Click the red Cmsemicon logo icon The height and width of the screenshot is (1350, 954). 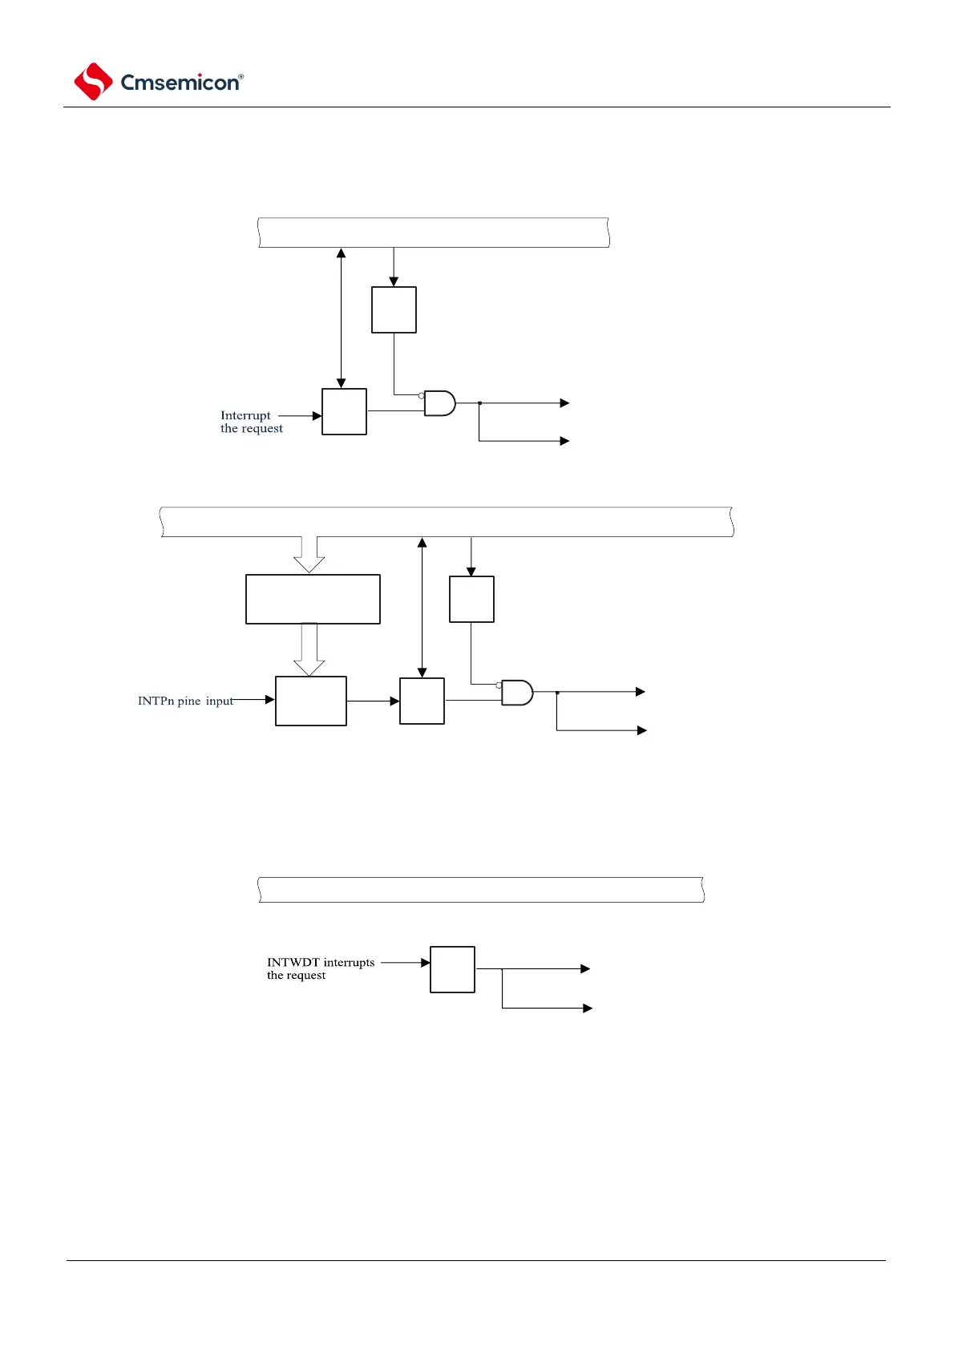coord(93,82)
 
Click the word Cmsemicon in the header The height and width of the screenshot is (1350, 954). coord(180,83)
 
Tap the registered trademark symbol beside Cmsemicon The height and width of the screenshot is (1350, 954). coord(241,77)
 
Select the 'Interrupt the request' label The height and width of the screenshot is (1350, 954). coord(251,422)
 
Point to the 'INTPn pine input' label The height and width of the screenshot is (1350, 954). coord(185,701)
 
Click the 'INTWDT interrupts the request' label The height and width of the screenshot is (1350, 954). coord(320,968)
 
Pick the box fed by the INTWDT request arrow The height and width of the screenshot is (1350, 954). coord(452,969)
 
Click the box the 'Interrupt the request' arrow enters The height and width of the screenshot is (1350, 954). coord(344,412)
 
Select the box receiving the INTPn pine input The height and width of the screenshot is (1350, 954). coord(311,701)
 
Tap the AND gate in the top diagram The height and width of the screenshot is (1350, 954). coord(439,403)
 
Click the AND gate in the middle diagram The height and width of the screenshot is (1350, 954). coord(517,693)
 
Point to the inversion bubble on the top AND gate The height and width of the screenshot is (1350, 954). coord(422,395)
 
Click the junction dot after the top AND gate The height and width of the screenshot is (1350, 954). coord(479,403)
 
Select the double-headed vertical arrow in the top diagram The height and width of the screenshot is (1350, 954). coord(341,318)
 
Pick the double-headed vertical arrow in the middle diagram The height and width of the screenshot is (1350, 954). coord(422,608)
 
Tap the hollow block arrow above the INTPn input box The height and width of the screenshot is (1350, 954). coord(309,650)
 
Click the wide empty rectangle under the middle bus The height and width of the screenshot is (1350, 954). coord(313,599)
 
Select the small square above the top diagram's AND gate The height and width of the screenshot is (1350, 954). coord(394,309)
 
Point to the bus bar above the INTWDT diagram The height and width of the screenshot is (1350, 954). coord(481,890)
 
